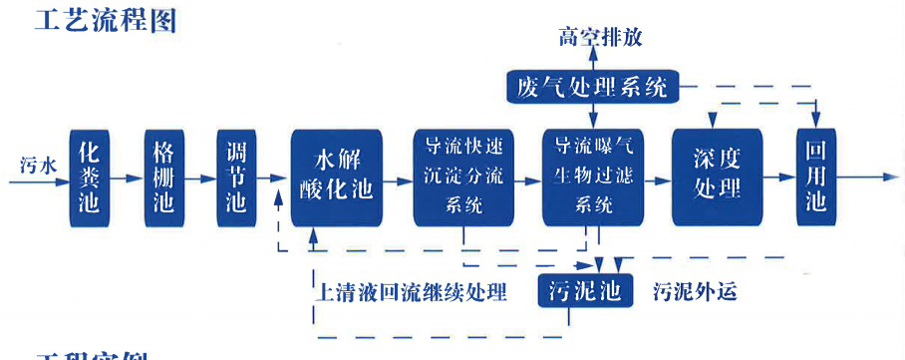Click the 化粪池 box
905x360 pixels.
tap(88, 179)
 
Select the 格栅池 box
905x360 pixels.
tap(162, 179)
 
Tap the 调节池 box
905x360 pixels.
tap(236, 179)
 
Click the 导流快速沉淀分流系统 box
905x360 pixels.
tap(463, 178)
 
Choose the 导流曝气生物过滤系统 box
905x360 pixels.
tap(592, 178)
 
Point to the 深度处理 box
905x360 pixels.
tap(718, 178)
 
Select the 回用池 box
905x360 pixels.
tap(815, 178)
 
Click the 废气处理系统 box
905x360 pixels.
tap(592, 87)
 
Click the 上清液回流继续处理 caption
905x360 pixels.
tap(411, 292)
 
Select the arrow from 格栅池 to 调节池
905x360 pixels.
tap(200, 179)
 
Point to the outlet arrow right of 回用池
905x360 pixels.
tap(867, 178)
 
